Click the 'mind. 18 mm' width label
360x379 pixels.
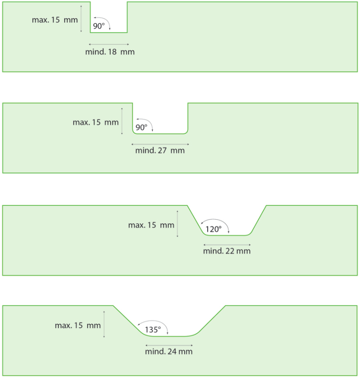click(110, 52)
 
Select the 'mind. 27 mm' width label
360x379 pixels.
click(160, 150)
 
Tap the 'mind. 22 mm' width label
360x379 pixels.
click(227, 251)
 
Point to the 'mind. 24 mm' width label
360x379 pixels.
click(169, 351)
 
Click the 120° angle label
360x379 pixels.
click(213, 229)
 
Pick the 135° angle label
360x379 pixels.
click(153, 329)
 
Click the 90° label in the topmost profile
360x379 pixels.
click(99, 26)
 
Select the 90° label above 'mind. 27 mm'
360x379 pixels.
click(141, 127)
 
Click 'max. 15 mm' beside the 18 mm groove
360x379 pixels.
click(55, 19)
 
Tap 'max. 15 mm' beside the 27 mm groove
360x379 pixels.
click(96, 122)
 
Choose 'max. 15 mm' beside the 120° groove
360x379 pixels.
click(151, 225)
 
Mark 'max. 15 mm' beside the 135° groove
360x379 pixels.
click(78, 325)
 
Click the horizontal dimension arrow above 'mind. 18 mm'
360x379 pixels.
click(109, 44)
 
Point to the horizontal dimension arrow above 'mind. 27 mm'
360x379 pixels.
click(160, 144)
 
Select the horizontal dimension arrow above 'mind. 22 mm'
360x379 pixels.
click(227, 245)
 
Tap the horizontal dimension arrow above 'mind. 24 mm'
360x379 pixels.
click(169, 345)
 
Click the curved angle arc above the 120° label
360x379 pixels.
click(215, 219)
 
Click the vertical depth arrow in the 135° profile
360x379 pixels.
click(104, 324)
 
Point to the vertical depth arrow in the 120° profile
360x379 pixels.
click(178, 224)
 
